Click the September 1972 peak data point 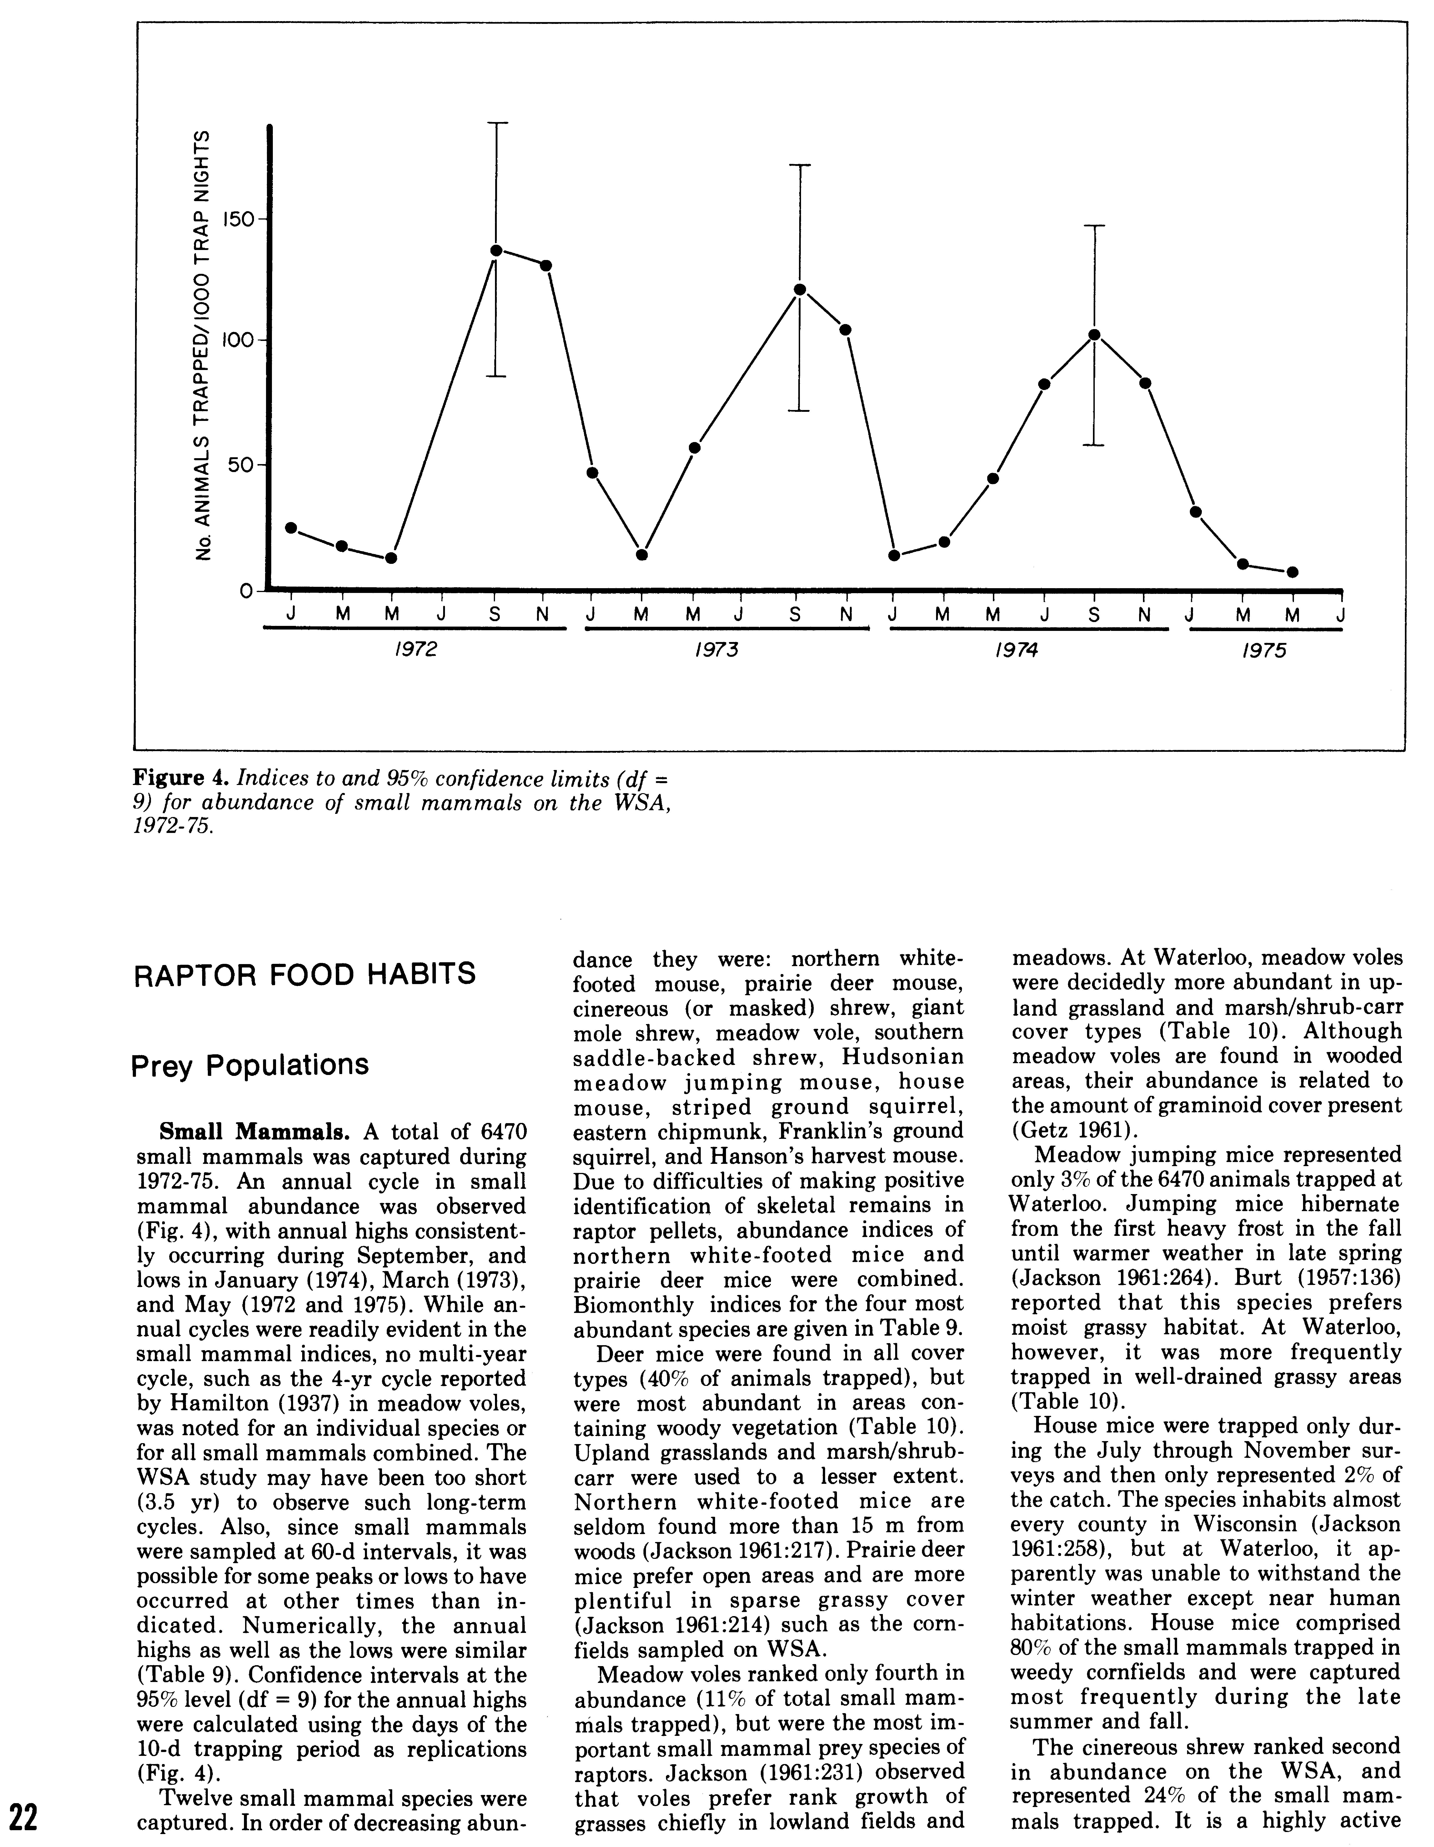tap(497, 250)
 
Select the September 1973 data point tap(799, 289)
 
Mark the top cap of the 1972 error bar tap(497, 123)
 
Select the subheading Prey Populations tap(250, 1064)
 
